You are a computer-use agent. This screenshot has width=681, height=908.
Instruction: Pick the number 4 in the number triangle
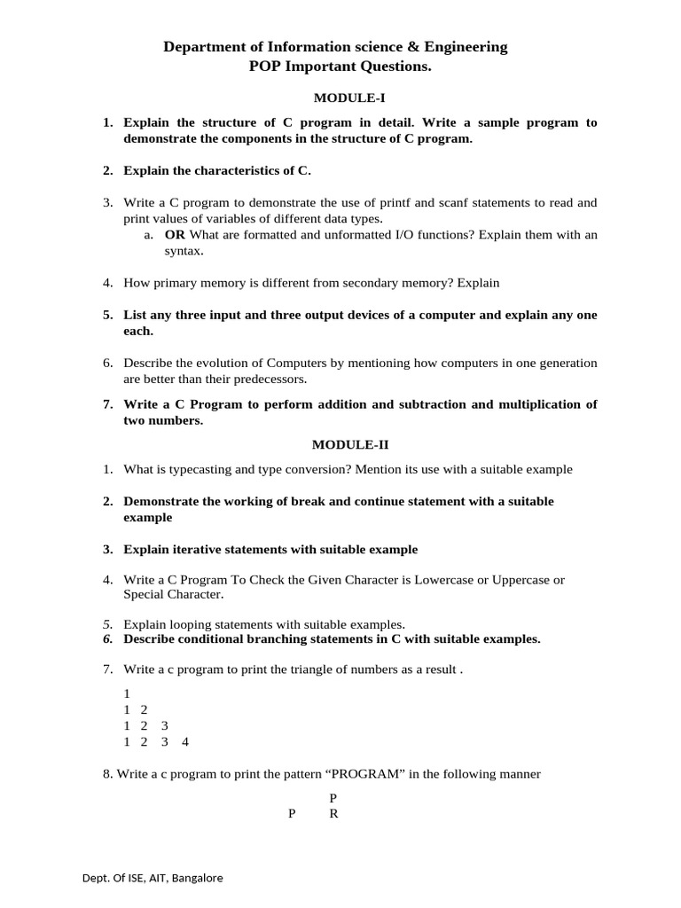(185, 741)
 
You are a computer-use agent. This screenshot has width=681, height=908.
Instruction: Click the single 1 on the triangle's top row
(128, 693)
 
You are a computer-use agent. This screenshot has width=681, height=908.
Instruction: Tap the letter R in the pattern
(333, 814)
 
